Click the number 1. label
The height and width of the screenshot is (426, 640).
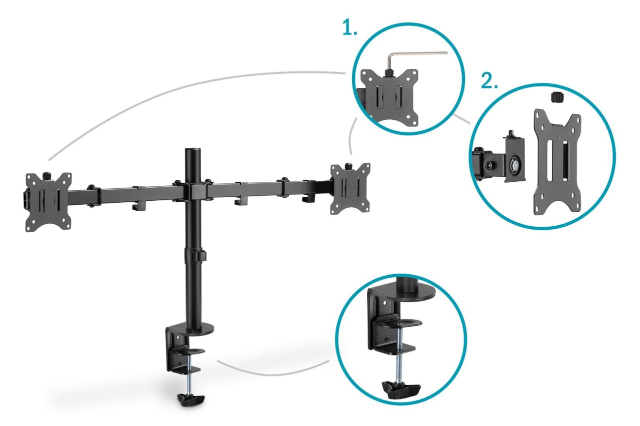tap(349, 29)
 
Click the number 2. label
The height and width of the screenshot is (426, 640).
tap(489, 81)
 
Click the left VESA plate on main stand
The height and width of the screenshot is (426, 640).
tap(48, 202)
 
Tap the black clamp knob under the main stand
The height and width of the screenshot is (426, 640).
tap(192, 399)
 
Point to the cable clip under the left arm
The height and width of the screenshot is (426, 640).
tap(137, 205)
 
